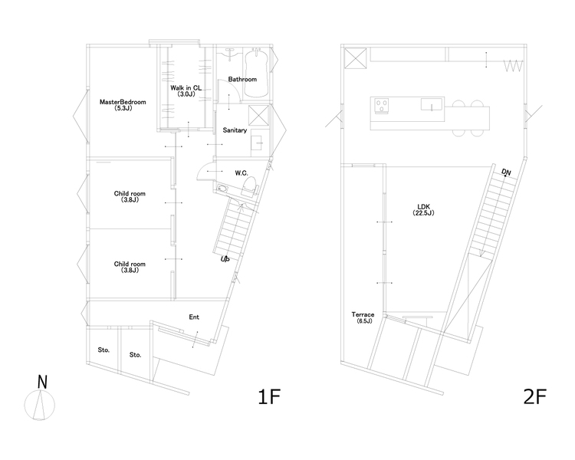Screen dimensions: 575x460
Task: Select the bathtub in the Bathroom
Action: pyautogui.click(x=256, y=74)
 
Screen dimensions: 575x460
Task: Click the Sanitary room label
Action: pyautogui.click(x=235, y=130)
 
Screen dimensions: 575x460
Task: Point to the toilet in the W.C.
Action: pyautogui.click(x=249, y=185)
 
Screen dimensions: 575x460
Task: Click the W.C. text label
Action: pyautogui.click(x=242, y=173)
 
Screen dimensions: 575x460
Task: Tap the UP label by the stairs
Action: pyautogui.click(x=225, y=259)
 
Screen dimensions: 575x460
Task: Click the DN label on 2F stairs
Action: pyautogui.click(x=506, y=172)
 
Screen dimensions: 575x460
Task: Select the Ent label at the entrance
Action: pyautogui.click(x=194, y=317)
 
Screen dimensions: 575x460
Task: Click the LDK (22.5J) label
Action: pyautogui.click(x=423, y=210)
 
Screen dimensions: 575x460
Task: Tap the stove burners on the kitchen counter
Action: pyautogui.click(x=381, y=106)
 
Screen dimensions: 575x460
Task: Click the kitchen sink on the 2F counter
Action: pyautogui.click(x=432, y=104)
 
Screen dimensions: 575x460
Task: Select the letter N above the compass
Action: pyautogui.click(x=42, y=383)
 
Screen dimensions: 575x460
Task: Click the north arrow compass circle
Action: pyautogui.click(x=40, y=405)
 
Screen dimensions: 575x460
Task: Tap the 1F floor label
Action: pyautogui.click(x=269, y=397)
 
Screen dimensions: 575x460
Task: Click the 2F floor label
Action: pyautogui.click(x=534, y=397)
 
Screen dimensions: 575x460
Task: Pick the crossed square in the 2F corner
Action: pyautogui.click(x=355, y=58)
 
